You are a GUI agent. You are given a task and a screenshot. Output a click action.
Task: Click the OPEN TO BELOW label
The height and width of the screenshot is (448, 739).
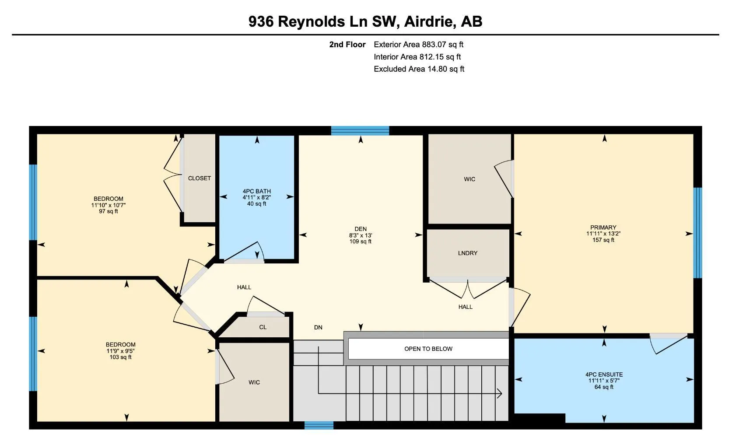pyautogui.click(x=428, y=349)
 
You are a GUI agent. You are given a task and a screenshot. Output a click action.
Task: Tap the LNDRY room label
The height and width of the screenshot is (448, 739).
pyautogui.click(x=467, y=253)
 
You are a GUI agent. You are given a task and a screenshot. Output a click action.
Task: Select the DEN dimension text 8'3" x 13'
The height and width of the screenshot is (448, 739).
pyautogui.click(x=360, y=235)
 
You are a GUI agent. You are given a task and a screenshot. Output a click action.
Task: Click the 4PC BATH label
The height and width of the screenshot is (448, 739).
pyautogui.click(x=257, y=191)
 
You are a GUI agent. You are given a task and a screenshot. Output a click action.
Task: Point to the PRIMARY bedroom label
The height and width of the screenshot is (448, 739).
pyautogui.click(x=603, y=227)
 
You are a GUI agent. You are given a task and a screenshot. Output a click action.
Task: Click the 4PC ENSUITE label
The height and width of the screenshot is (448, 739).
pyautogui.click(x=604, y=374)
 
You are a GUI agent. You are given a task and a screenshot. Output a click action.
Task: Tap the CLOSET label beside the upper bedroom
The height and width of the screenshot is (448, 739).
pyautogui.click(x=199, y=178)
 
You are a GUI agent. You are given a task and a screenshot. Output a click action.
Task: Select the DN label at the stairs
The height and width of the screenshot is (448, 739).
pyautogui.click(x=318, y=327)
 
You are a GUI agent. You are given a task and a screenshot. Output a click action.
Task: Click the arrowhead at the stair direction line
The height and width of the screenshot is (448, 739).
pyautogui.click(x=499, y=394)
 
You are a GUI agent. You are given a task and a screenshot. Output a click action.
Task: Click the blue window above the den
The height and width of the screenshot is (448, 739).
pyautogui.click(x=360, y=130)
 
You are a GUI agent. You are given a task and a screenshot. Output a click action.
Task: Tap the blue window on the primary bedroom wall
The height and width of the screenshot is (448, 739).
pyautogui.click(x=697, y=233)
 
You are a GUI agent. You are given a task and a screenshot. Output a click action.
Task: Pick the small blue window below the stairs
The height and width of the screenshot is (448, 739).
pyautogui.click(x=319, y=425)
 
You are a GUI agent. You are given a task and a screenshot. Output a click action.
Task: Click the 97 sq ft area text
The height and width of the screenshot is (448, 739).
pyautogui.click(x=109, y=211)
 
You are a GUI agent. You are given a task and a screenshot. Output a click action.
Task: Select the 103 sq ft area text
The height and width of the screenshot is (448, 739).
pyautogui.click(x=120, y=357)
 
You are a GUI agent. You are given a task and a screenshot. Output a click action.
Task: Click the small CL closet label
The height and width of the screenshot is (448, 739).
pyautogui.click(x=263, y=327)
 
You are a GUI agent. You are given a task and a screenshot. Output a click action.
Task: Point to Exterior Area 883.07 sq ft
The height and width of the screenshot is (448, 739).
pyautogui.click(x=418, y=44)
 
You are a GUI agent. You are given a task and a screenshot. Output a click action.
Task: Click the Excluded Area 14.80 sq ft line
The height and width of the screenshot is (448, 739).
pyautogui.click(x=419, y=69)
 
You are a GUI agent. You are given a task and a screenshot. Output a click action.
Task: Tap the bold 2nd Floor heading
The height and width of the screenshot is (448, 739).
pyautogui.click(x=347, y=44)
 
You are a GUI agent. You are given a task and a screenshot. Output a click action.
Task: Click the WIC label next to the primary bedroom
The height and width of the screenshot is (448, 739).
pyautogui.click(x=469, y=179)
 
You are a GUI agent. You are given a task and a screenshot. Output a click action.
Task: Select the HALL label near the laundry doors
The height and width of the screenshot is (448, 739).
pyautogui.click(x=465, y=307)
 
